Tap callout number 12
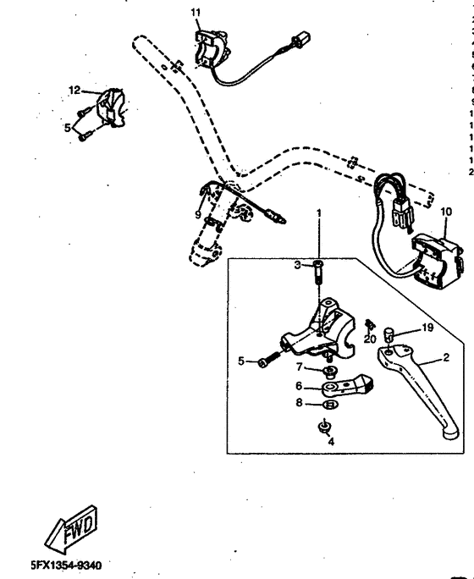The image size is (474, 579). tap(74, 90)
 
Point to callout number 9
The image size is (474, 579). tap(199, 214)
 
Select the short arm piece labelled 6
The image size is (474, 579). tap(347, 387)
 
